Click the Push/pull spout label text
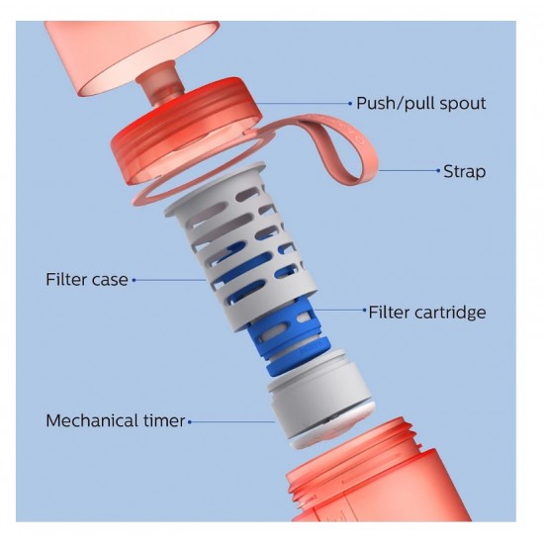421,104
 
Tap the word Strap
465,171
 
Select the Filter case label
87,280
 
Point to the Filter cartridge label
427,312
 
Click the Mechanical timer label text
116,420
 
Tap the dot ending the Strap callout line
438,170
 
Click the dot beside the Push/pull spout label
350,104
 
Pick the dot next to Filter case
134,280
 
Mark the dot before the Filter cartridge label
364,311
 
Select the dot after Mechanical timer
190,422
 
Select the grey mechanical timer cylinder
320,399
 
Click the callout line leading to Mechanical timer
232,422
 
